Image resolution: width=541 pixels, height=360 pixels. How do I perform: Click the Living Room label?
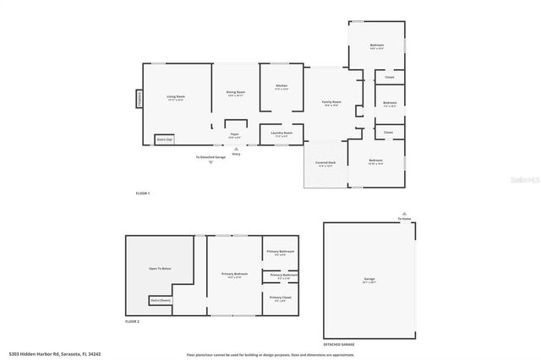(x=176, y=97)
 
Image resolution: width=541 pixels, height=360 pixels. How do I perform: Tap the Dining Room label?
(x=235, y=92)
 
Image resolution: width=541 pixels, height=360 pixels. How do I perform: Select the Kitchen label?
(x=281, y=86)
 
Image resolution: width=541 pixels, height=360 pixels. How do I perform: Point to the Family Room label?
(x=331, y=102)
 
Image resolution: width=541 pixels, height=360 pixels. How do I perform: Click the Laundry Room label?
(x=281, y=133)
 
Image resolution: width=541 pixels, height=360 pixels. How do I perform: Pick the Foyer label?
(x=235, y=134)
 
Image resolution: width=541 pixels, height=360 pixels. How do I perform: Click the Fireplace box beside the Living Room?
(x=138, y=99)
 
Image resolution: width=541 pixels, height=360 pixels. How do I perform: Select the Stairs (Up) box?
(x=164, y=139)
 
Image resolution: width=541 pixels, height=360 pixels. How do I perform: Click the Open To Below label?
(x=160, y=269)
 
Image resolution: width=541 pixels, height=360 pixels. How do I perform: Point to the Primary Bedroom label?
(x=234, y=274)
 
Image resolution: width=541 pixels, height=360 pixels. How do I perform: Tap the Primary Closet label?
(x=280, y=297)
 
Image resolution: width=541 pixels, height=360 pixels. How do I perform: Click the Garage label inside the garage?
(x=369, y=279)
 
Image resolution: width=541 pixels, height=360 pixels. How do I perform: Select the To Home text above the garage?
(x=406, y=219)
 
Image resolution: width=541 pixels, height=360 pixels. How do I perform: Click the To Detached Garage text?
(x=210, y=157)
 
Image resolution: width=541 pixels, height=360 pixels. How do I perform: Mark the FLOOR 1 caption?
(x=142, y=194)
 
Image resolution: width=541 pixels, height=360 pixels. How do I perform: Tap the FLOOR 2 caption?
(x=132, y=321)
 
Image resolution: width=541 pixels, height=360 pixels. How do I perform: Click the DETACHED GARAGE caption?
(x=339, y=345)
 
